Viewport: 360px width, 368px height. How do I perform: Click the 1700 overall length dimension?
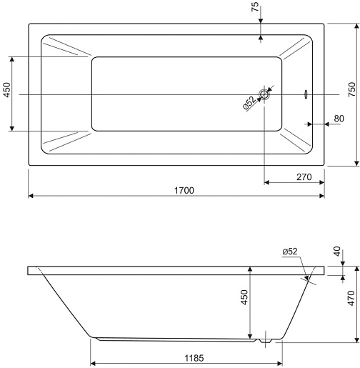pyautogui.click(x=184, y=191)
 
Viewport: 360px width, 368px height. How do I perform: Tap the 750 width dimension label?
pyautogui.click(x=352, y=89)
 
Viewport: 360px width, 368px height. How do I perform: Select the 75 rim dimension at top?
pyautogui.click(x=255, y=6)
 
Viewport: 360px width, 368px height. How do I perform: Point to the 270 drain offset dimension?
pyautogui.click(x=304, y=177)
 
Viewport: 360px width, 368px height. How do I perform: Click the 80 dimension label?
pyautogui.click(x=339, y=119)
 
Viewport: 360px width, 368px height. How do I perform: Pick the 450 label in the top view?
pyautogui.click(x=7, y=90)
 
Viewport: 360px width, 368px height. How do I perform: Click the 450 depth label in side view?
pyautogui.click(x=244, y=297)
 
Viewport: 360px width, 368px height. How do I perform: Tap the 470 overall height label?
pyautogui.click(x=351, y=298)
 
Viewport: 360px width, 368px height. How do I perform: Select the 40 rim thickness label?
pyautogui.click(x=337, y=252)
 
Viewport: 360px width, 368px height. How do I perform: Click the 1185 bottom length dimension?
pyautogui.click(x=194, y=358)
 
